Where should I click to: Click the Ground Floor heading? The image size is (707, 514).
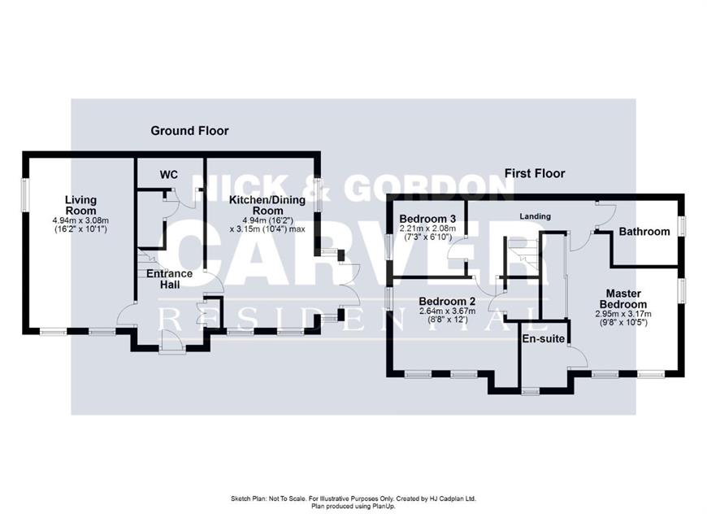(189, 131)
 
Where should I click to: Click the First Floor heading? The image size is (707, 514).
(534, 173)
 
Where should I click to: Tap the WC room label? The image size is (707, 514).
(169, 175)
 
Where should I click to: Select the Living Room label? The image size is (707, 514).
(80, 205)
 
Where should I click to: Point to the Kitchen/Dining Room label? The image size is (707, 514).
(267, 205)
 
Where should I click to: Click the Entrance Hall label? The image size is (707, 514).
(170, 279)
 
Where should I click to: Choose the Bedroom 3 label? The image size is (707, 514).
(427, 219)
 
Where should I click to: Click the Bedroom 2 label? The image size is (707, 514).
(447, 301)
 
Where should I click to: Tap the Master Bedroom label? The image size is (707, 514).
(623, 298)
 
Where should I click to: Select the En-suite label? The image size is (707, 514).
(544, 338)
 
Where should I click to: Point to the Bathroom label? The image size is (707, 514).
(644, 232)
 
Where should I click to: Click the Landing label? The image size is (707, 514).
(536, 216)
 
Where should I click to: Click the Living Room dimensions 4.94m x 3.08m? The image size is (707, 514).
(80, 220)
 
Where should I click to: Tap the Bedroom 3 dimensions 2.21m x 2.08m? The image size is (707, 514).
(427, 229)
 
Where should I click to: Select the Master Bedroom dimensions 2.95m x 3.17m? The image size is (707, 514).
(623, 314)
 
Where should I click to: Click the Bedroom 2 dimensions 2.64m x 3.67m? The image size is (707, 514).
(447, 311)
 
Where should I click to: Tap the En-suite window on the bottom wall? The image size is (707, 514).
(530, 392)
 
